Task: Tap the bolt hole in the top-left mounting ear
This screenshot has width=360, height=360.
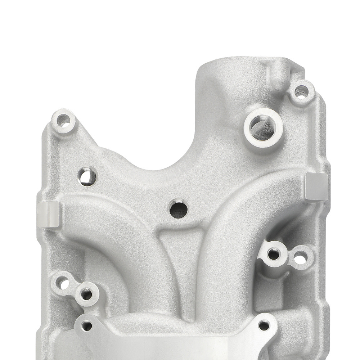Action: [x=63, y=120]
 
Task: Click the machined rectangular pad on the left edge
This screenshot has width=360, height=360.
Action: [x=48, y=214]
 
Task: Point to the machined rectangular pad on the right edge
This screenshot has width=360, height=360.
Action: [x=316, y=186]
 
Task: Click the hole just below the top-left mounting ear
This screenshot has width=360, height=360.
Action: [x=87, y=176]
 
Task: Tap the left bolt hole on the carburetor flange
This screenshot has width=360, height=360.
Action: [x=87, y=326]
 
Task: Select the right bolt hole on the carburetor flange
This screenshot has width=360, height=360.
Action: [x=264, y=326]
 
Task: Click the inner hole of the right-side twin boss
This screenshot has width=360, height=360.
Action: [x=274, y=254]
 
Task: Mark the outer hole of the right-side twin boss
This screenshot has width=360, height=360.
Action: [x=300, y=257]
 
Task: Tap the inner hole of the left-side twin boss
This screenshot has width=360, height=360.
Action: [x=86, y=294]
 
